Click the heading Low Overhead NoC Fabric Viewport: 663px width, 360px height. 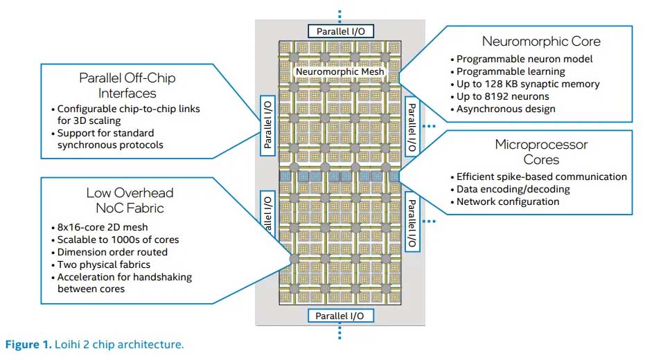pyautogui.click(x=130, y=199)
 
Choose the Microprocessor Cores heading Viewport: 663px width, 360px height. pyautogui.click(x=541, y=152)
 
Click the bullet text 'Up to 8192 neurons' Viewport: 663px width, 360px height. pyautogui.click(x=503, y=96)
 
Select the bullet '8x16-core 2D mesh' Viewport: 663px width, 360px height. pyautogui.click(x=103, y=227)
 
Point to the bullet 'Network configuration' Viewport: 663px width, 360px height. pyautogui.click(x=508, y=201)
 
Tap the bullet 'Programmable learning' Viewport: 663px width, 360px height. pyautogui.click(x=511, y=71)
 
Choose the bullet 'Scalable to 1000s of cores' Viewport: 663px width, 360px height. pyautogui.click(x=118, y=240)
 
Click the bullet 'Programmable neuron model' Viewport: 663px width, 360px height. pyautogui.click(x=524, y=59)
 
